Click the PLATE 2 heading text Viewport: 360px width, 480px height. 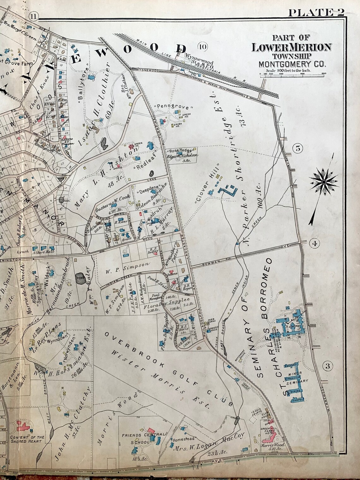[316, 13]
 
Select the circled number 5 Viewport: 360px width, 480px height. [298, 147]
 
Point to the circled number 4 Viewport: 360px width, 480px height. [314, 243]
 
